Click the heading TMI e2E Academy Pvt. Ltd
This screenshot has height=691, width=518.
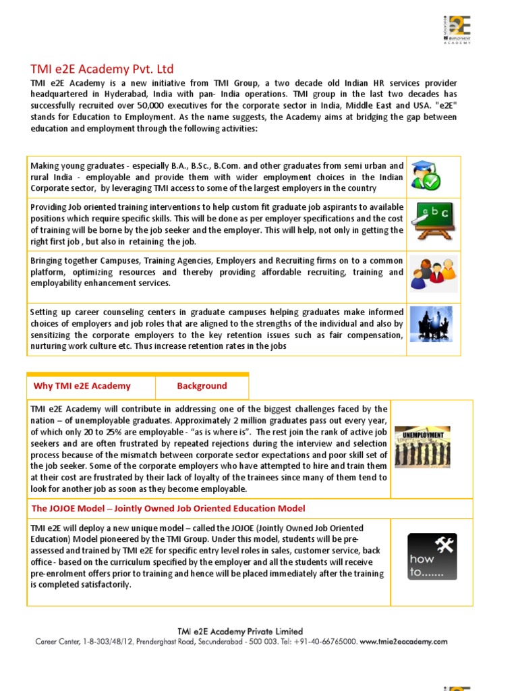(x=102, y=69)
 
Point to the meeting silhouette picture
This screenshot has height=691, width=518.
(x=432, y=324)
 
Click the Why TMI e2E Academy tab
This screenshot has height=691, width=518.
(x=82, y=386)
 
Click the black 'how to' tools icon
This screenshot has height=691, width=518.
(x=432, y=557)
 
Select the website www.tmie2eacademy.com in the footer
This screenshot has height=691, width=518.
(x=403, y=642)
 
